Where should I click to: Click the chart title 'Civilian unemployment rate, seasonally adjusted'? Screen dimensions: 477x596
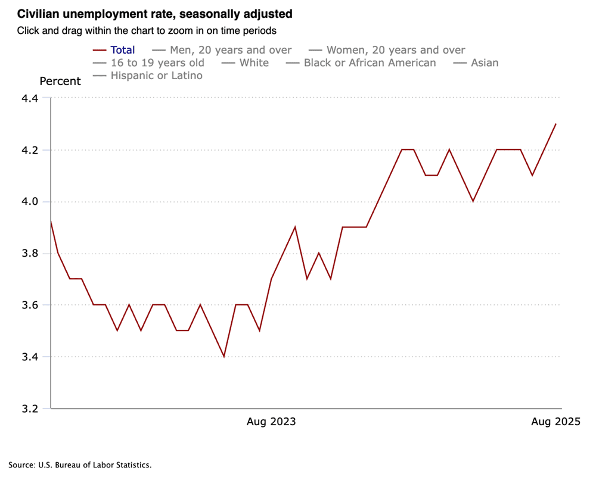click(x=155, y=13)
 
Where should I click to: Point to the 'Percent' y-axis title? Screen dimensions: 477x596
click(x=60, y=82)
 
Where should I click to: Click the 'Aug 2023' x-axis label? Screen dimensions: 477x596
click(x=271, y=422)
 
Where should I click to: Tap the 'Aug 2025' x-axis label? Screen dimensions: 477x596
click(x=555, y=422)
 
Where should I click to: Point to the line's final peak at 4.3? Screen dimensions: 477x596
click(x=555, y=124)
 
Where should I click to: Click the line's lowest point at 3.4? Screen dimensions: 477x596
click(x=224, y=357)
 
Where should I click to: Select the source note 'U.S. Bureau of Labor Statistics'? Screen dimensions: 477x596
click(x=80, y=464)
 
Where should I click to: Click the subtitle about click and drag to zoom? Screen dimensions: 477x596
click(x=147, y=30)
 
